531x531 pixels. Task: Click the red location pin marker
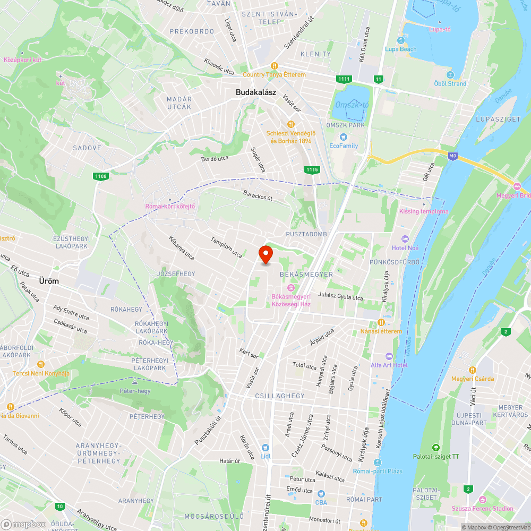(x=265, y=254)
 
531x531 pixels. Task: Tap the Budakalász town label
(x=256, y=92)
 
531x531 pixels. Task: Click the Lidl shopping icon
(x=265, y=448)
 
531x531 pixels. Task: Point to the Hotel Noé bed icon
(x=405, y=239)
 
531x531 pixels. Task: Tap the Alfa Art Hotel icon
(x=389, y=356)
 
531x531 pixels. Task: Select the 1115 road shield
(x=312, y=169)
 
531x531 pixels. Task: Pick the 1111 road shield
(x=344, y=79)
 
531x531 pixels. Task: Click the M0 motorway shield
(x=452, y=156)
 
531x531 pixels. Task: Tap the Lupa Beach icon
(x=401, y=40)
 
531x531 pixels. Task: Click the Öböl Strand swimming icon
(x=450, y=74)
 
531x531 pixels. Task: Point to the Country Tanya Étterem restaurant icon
(x=275, y=66)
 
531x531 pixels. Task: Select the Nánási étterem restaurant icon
(x=381, y=322)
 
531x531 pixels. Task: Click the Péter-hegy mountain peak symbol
(x=135, y=382)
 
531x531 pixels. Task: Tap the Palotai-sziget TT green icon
(x=436, y=448)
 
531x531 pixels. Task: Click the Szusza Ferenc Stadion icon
(x=482, y=500)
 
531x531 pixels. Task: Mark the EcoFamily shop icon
(x=344, y=136)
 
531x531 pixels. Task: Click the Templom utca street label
(x=226, y=247)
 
